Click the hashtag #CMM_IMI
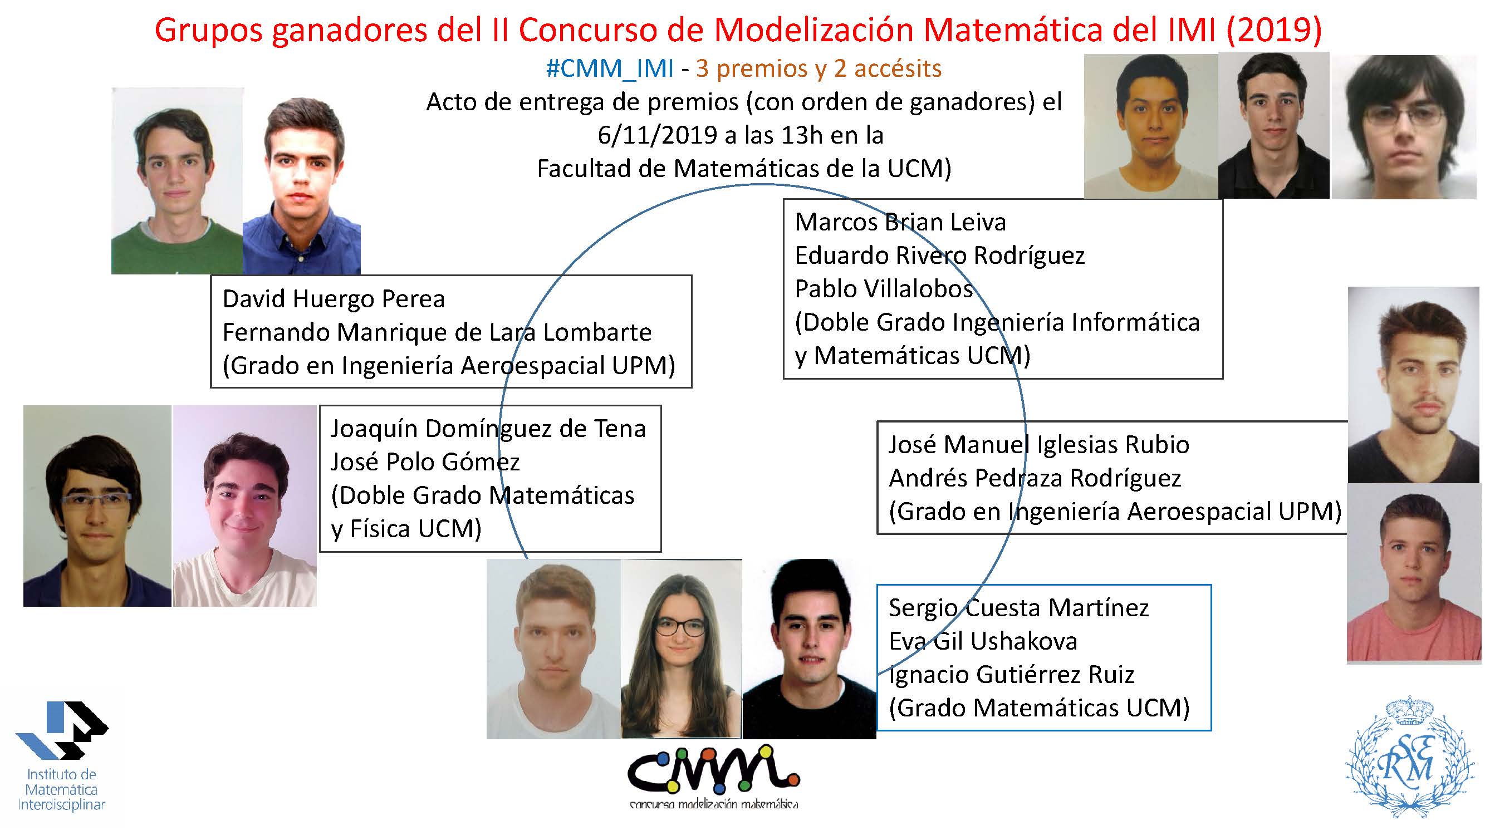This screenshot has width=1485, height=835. pyautogui.click(x=610, y=68)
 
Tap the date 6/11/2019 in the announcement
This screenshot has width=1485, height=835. pyautogui.click(x=657, y=135)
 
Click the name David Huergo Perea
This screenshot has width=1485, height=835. pyautogui.click(x=334, y=299)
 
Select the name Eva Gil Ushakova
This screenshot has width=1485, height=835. pyautogui.click(x=983, y=641)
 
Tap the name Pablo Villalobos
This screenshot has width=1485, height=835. pyautogui.click(x=884, y=289)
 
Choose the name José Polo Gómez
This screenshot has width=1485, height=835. pyautogui.click(x=425, y=462)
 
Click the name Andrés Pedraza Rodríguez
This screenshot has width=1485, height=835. pyautogui.click(x=1035, y=478)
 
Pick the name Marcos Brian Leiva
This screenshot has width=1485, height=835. pyautogui.click(x=900, y=222)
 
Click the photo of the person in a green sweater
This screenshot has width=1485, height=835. pyautogui.click(x=177, y=180)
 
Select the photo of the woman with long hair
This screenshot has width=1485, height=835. pyautogui.click(x=681, y=649)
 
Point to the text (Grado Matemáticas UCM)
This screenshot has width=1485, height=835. pyautogui.click(x=1040, y=708)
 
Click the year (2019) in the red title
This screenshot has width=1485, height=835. pyautogui.click(x=1273, y=30)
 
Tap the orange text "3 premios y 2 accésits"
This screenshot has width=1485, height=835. pyautogui.click(x=819, y=68)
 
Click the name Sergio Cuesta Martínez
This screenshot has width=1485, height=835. pyautogui.click(x=1018, y=607)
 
